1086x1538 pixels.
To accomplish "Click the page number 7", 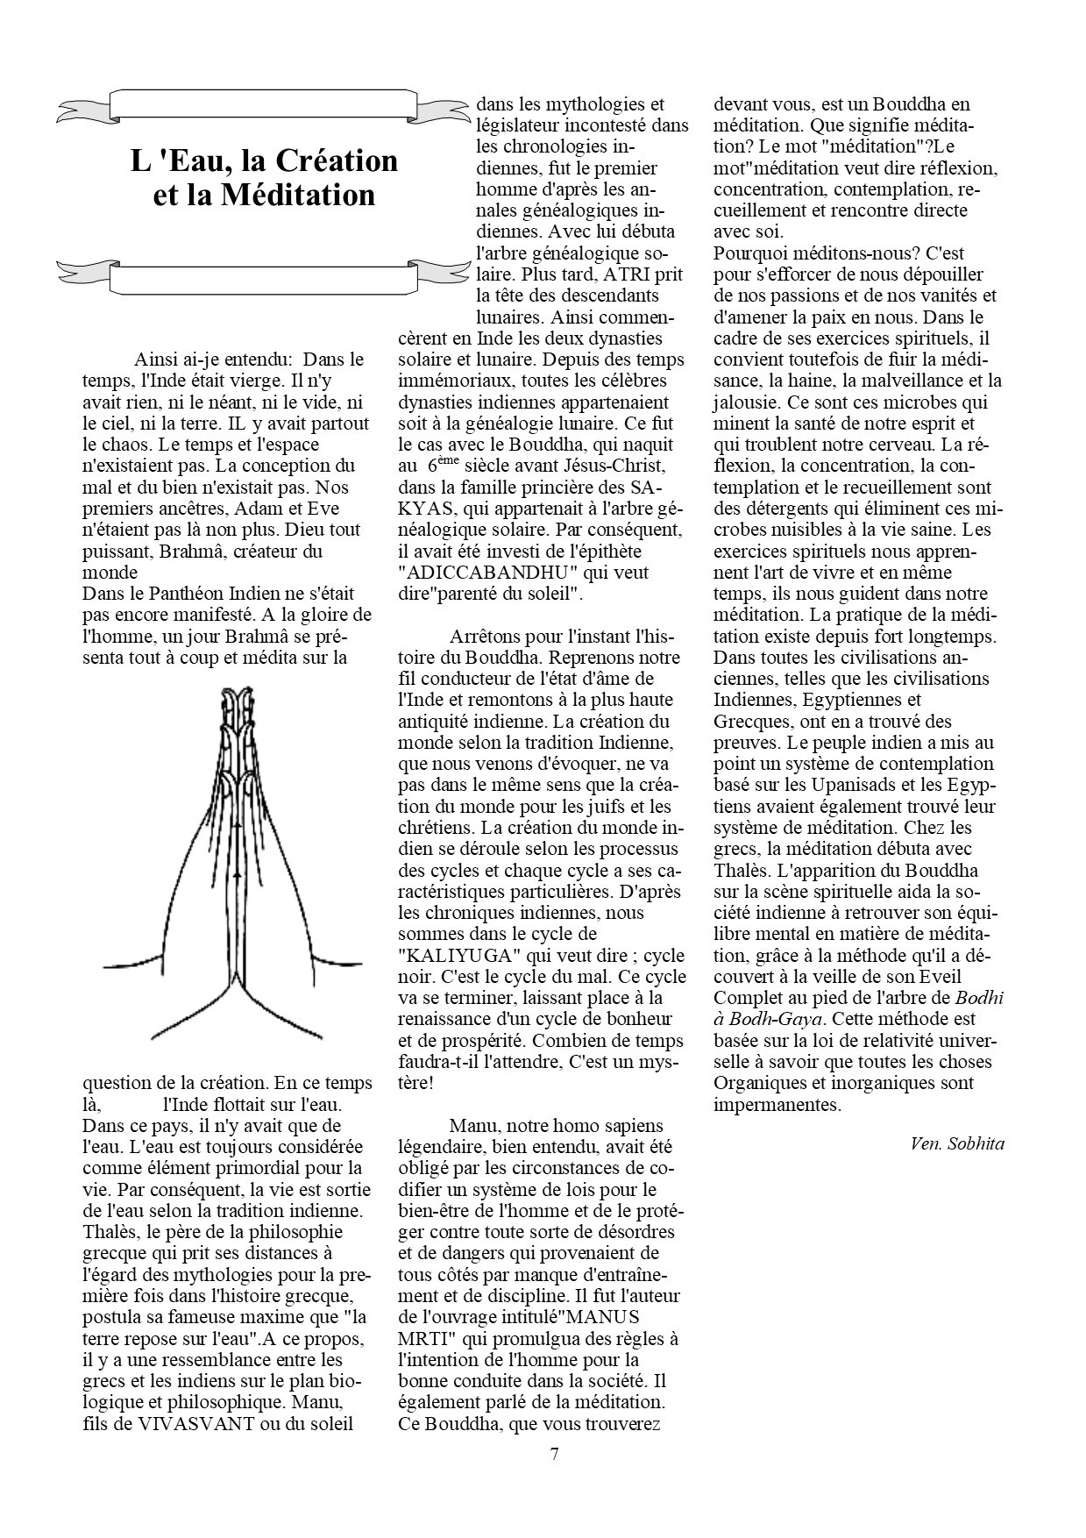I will coord(554,1455).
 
